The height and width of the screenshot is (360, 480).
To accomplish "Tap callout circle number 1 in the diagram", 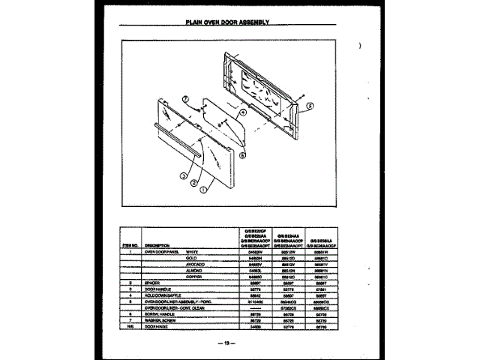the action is [x=203, y=190].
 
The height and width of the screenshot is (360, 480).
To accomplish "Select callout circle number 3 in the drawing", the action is [x=182, y=175].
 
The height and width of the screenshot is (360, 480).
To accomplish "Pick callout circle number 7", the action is [x=184, y=98].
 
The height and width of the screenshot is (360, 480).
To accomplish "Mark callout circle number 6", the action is [x=242, y=155].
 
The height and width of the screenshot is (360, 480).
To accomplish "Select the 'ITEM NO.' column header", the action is [x=128, y=245].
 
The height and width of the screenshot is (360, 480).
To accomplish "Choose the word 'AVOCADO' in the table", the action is [x=197, y=265].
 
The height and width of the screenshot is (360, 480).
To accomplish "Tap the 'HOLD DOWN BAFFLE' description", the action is [x=162, y=295].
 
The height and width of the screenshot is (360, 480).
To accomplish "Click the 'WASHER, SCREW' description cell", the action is [x=160, y=320].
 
